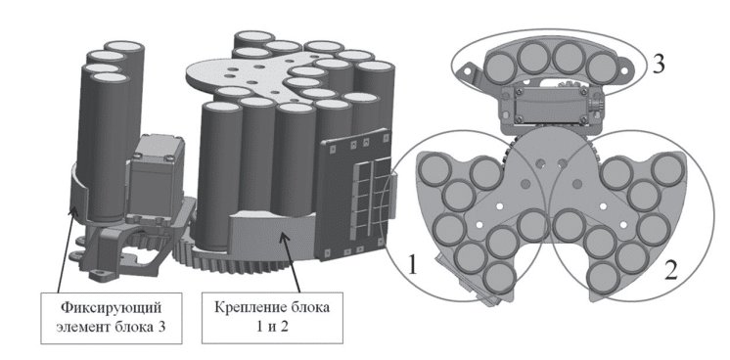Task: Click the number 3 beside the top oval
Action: click(x=658, y=64)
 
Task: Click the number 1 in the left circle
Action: click(x=413, y=265)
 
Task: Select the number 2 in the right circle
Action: click(x=670, y=270)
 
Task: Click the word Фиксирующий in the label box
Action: click(x=112, y=307)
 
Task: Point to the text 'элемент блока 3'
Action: click(x=111, y=327)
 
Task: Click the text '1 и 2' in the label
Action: click(x=272, y=327)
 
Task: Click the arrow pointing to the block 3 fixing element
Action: click(x=65, y=250)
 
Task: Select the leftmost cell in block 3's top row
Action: click(x=499, y=67)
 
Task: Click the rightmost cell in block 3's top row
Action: click(x=601, y=68)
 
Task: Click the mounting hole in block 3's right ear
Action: click(x=625, y=69)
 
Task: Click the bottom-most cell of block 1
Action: click(x=499, y=278)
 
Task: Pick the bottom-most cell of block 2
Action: click(x=604, y=278)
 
